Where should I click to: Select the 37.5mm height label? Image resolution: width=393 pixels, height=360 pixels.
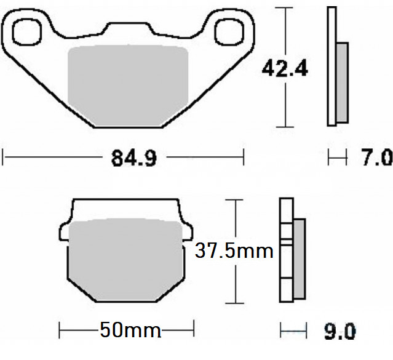point(234,251)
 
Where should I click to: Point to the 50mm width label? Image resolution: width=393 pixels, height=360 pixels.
point(129,330)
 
